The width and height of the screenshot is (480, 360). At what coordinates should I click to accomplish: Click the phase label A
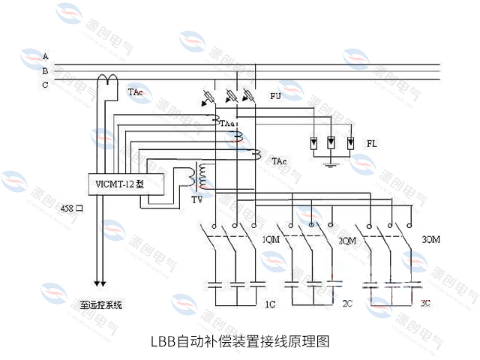pyautogui.click(x=46, y=57)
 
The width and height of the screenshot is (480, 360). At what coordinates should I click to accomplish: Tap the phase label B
pyautogui.click(x=46, y=70)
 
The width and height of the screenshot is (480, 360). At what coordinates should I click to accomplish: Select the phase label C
pyautogui.click(x=46, y=85)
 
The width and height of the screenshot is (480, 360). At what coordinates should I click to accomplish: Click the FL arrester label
pyautogui.click(x=371, y=142)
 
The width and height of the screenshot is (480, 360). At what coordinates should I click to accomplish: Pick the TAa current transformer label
pyautogui.click(x=228, y=121)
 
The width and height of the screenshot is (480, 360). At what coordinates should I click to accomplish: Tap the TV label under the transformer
pyautogui.click(x=196, y=201)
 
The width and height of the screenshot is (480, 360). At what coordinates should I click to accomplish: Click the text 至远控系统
pyautogui.click(x=101, y=305)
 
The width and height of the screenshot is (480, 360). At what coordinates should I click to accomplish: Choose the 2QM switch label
pyautogui.click(x=346, y=241)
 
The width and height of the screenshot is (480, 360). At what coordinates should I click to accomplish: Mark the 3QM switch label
pyautogui.click(x=431, y=240)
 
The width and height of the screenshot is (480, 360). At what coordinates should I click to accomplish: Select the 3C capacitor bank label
pyautogui.click(x=426, y=304)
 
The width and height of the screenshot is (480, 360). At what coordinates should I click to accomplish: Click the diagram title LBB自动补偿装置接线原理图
pyautogui.click(x=240, y=341)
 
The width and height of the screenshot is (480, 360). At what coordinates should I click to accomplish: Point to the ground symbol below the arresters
pyautogui.click(x=331, y=158)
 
